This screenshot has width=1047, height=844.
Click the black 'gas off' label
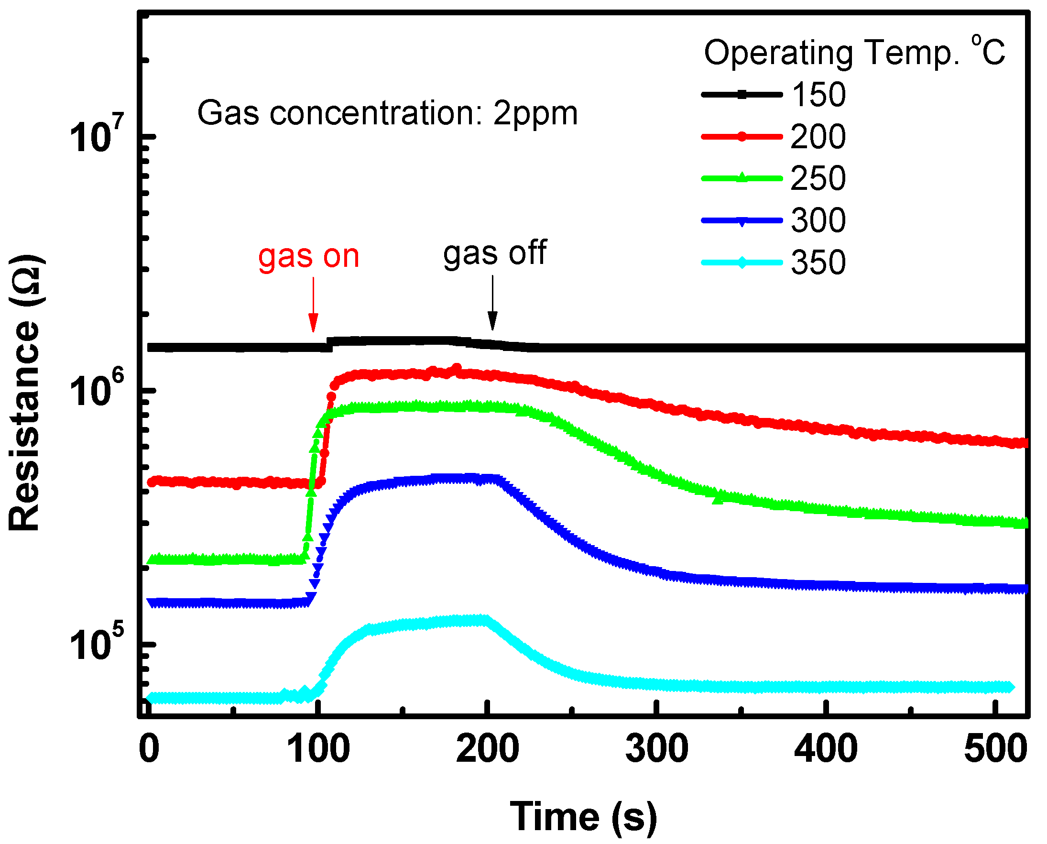click(x=495, y=254)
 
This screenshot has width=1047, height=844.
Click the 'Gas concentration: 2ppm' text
click(x=387, y=113)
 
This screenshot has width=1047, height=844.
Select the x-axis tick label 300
click(x=657, y=749)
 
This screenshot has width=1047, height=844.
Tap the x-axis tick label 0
click(x=149, y=749)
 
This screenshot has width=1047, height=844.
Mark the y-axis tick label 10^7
click(x=97, y=138)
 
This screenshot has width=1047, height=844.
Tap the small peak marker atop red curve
click(x=457, y=368)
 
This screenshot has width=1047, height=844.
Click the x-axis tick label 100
click(x=318, y=749)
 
